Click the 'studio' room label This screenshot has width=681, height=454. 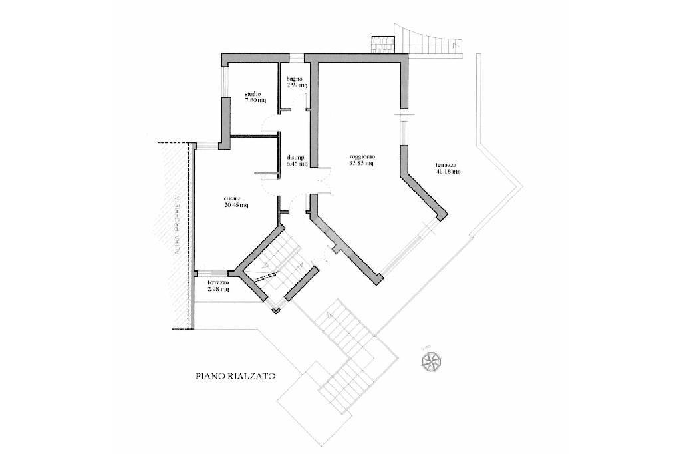tap(252, 94)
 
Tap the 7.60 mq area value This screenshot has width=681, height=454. tap(255, 101)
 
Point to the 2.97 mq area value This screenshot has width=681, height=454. tap(296, 86)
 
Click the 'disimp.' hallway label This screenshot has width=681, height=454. tap(295, 158)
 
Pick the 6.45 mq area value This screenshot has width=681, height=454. tap(295, 164)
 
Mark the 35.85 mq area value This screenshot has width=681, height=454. tap(362, 164)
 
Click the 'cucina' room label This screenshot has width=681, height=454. tap(231, 198)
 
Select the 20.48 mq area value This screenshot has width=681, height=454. tap(235, 205)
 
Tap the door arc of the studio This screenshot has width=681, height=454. tap(267, 124)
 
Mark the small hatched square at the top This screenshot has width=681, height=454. tap(382, 43)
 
